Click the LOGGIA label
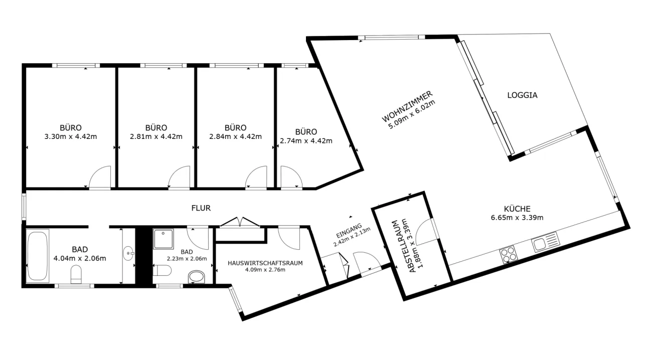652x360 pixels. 522,95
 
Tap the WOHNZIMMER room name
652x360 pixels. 407,106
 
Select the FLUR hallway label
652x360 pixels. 201,208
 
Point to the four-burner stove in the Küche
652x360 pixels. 508,255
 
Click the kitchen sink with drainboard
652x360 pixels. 545,242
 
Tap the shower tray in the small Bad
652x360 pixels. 164,239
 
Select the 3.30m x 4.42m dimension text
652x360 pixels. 70,136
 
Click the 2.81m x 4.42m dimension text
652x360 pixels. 156,136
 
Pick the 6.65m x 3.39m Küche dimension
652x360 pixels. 517,218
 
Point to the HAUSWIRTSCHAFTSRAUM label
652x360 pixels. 265,263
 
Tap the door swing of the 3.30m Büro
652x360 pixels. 99,177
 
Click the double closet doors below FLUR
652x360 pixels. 240,222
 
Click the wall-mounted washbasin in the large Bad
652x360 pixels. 128,253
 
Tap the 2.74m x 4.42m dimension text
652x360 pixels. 306,141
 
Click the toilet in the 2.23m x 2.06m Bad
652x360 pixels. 162,270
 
